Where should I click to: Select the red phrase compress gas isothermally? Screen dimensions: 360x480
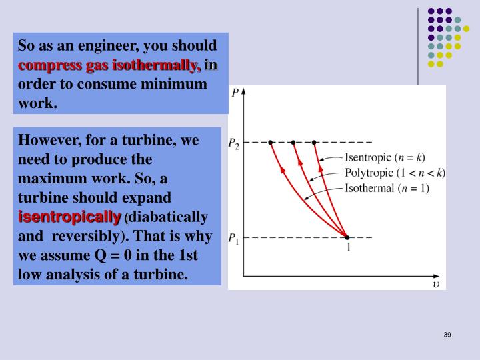[109, 65]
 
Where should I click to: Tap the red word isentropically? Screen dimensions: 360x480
[69, 217]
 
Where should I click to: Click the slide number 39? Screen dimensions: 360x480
[447, 334]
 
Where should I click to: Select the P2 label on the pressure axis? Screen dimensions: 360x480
[234, 143]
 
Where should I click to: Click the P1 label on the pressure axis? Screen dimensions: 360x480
[234, 237]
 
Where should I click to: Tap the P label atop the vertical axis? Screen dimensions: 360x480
[235, 93]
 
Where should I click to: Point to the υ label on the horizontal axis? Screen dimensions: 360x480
[435, 285]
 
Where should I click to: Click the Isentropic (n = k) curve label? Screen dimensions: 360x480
[384, 158]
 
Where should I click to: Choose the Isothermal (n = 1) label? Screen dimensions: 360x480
[387, 188]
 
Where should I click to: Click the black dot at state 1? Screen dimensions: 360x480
[347, 237]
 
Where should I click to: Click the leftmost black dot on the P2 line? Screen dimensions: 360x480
[271, 143]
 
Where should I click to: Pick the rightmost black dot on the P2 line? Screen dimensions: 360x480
[315, 143]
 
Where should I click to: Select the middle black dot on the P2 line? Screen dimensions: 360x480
[293, 143]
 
